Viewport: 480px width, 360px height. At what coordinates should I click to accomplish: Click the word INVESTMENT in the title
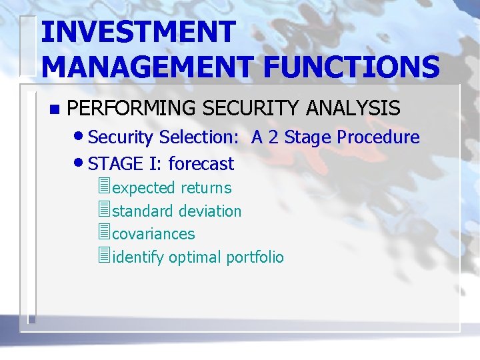pyautogui.click(x=138, y=33)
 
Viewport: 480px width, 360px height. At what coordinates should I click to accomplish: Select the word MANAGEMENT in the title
pyautogui.click(x=145, y=67)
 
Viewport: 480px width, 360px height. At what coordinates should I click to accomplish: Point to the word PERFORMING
pyautogui.click(x=133, y=108)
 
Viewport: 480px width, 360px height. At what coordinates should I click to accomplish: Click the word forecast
pyautogui.click(x=201, y=164)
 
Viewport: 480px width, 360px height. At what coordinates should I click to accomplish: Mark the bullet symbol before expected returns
pyautogui.click(x=103, y=187)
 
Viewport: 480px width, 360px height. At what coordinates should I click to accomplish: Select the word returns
pyautogui.click(x=206, y=188)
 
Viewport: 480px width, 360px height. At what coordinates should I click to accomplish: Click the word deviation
pyautogui.click(x=209, y=211)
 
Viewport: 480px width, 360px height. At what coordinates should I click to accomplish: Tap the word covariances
pyautogui.click(x=154, y=234)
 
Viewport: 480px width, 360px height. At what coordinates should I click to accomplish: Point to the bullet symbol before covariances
pyautogui.click(x=103, y=233)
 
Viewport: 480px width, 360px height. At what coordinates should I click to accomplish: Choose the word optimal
pyautogui.click(x=195, y=257)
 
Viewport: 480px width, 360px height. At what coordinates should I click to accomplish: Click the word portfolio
pyautogui.click(x=255, y=257)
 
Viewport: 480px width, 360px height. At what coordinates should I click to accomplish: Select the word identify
pyautogui.click(x=139, y=257)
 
